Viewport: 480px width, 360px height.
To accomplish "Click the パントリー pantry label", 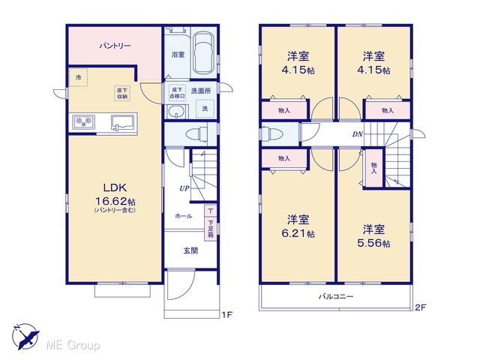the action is click(115, 46).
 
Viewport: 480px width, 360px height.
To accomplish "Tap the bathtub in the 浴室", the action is click(202, 53).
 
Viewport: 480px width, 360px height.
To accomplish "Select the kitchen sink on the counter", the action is click(123, 122).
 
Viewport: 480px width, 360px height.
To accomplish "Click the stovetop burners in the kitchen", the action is click(83, 121).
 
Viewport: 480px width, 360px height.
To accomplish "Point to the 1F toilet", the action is click(197, 133).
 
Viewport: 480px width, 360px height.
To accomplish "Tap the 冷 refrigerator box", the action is click(78, 77).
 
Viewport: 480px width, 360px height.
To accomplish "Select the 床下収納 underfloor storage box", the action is click(122, 93).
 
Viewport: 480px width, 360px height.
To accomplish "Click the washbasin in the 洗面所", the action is click(177, 111).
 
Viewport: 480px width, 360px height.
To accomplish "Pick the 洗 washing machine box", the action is click(205, 109).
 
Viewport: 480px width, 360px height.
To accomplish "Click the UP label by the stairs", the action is click(184, 188).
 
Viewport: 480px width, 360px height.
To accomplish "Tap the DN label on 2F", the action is click(357, 134).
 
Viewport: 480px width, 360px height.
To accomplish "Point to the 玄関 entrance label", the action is click(190, 250).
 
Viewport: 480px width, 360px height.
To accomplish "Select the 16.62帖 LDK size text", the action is click(115, 202).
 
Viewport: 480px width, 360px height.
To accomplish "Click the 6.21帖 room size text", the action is click(298, 233).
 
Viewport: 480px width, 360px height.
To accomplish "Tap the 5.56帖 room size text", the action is click(373, 243).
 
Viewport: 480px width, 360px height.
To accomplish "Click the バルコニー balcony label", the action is click(336, 296).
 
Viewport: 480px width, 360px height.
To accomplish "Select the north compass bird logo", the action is click(25, 337).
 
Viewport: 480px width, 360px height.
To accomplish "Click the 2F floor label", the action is click(420, 307).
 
